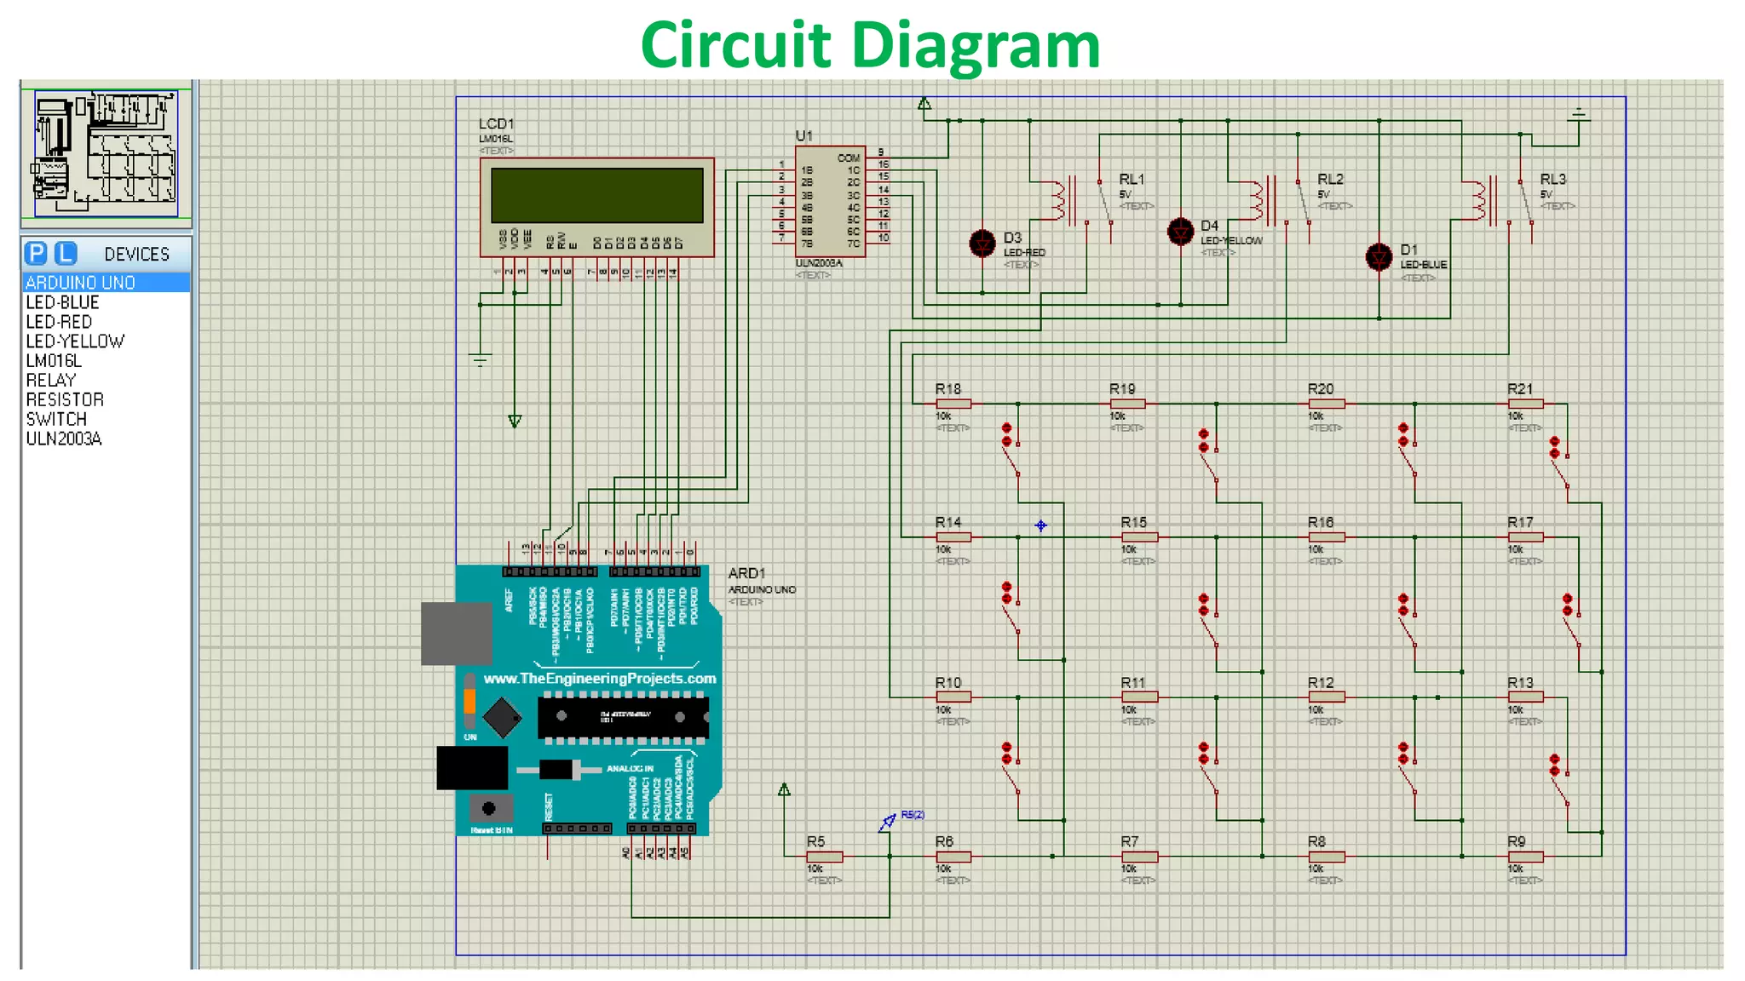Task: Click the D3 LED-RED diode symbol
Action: pyautogui.click(x=982, y=244)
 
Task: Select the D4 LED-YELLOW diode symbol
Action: pyautogui.click(x=1180, y=231)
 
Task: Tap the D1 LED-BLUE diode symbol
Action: pyautogui.click(x=1379, y=255)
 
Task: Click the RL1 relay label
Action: pyautogui.click(x=1132, y=180)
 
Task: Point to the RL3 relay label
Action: pyautogui.click(x=1552, y=180)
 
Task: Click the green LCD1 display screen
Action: pyautogui.click(x=596, y=195)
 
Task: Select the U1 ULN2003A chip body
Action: pyautogui.click(x=830, y=201)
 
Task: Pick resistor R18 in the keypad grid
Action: pyautogui.click(x=953, y=404)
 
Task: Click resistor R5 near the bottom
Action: pyautogui.click(x=824, y=857)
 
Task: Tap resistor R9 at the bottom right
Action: pyautogui.click(x=1525, y=857)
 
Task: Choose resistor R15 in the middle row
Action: pyautogui.click(x=1139, y=537)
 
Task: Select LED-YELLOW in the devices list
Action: pyautogui.click(x=75, y=341)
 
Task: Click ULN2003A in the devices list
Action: pyautogui.click(x=64, y=439)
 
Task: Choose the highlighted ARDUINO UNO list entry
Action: pyautogui.click(x=81, y=283)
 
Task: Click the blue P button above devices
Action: pyautogui.click(x=36, y=254)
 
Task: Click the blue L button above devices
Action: pyautogui.click(x=66, y=254)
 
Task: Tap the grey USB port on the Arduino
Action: pyautogui.click(x=457, y=634)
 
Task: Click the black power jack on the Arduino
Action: pyautogui.click(x=472, y=768)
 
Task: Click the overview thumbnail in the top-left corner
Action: pyautogui.click(x=105, y=154)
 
